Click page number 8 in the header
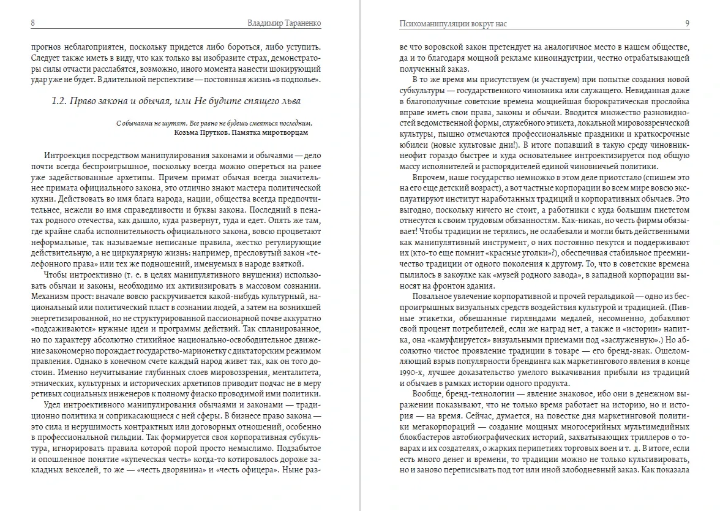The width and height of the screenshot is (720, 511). tap(32, 23)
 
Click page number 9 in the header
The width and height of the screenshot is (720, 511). tap(688, 23)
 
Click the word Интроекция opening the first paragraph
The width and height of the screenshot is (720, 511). tap(69, 156)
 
